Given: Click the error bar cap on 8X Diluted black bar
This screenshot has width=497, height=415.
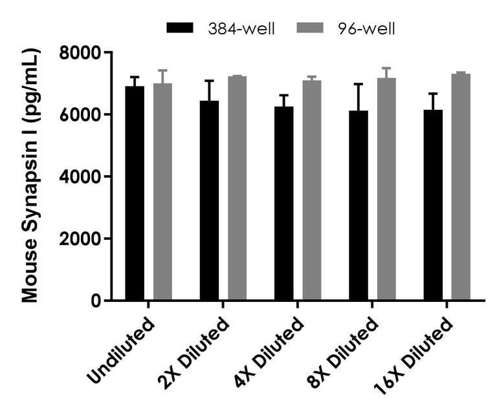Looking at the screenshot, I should pyautogui.click(x=358, y=84).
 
